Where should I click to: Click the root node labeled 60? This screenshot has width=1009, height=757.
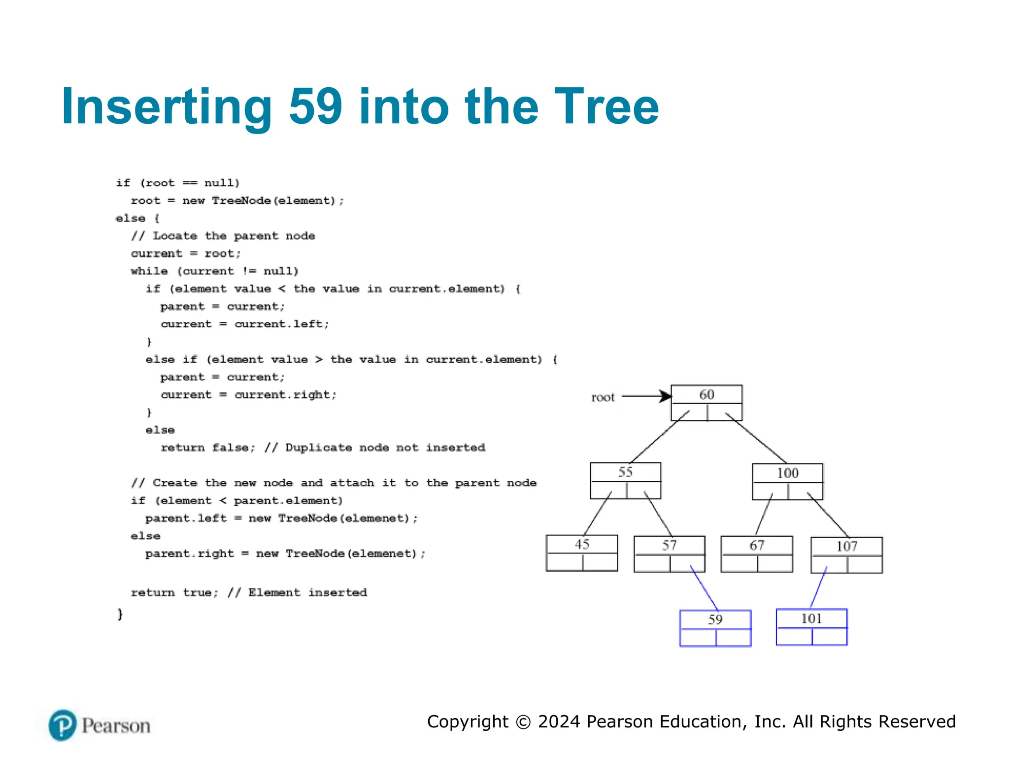(706, 402)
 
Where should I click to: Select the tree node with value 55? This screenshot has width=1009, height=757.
(625, 480)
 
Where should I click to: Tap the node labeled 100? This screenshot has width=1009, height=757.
(787, 481)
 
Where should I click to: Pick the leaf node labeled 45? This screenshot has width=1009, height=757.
(581, 552)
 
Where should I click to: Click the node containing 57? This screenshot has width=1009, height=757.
(669, 553)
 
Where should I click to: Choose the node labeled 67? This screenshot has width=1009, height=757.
(756, 553)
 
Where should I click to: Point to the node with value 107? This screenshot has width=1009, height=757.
(846, 554)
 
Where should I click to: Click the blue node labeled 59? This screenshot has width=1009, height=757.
(715, 627)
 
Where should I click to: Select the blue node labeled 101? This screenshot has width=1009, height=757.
(811, 626)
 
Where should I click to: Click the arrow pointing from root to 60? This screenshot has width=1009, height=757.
(645, 396)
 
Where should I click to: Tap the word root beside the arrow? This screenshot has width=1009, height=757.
(603, 397)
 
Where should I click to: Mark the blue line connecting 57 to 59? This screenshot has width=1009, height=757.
(705, 589)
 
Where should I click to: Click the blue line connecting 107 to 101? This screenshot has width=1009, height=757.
(818, 587)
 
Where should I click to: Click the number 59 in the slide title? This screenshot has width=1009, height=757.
(315, 106)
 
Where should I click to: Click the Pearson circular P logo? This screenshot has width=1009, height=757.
(63, 725)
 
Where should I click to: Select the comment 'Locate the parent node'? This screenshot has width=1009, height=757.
(234, 236)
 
